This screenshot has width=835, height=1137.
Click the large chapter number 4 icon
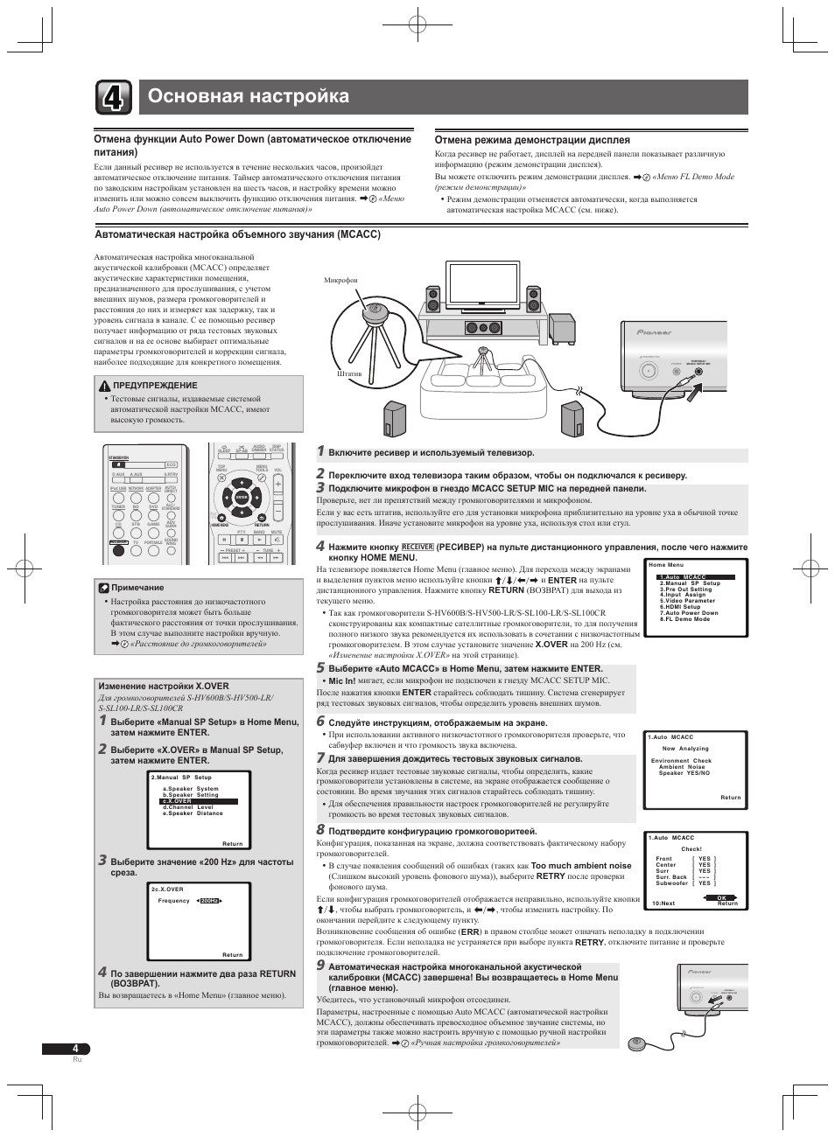pos(114,97)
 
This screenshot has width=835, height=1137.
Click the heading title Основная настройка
pos(249,96)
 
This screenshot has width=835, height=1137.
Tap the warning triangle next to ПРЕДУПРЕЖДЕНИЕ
pos(103,385)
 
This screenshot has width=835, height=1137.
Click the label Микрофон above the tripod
pos(341,280)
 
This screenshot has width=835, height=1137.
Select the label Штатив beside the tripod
pos(349,373)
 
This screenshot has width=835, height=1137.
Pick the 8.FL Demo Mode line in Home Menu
pos(685,619)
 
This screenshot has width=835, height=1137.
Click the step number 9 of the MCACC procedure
pos(320,965)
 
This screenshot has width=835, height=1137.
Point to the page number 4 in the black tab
pos(76,1049)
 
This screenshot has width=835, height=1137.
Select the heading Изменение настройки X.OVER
pos(164,687)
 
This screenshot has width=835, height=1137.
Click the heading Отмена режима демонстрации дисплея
pos(532,140)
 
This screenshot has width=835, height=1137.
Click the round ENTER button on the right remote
pos(242,496)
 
